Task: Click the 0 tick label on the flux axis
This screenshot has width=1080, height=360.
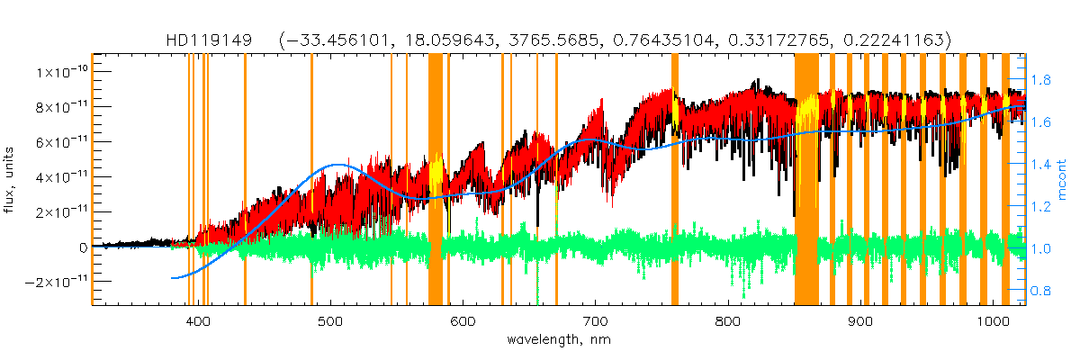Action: [x=82, y=247]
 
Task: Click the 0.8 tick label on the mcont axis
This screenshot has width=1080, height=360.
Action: [x=1041, y=291]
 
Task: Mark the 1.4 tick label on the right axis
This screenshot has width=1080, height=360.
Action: [x=1041, y=165]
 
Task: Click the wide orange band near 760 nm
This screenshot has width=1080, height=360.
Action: [x=675, y=180]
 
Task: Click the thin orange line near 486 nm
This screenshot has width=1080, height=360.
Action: [x=311, y=180]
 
